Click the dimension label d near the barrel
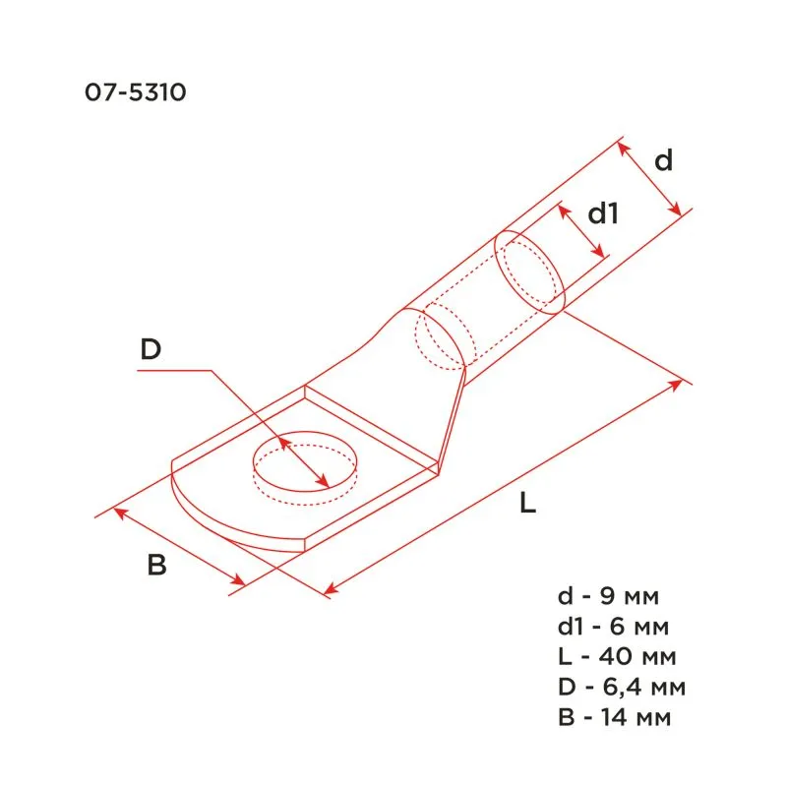[665, 160]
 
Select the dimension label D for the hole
[150, 349]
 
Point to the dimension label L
[528, 505]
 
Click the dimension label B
[156, 566]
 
